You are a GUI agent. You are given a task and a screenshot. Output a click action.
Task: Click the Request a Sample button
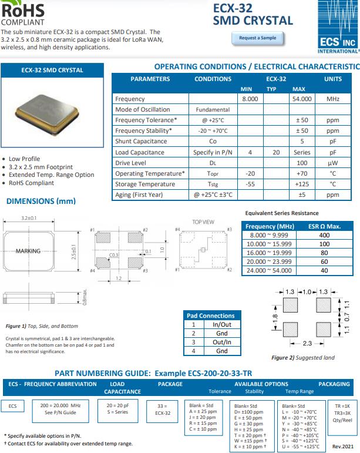click(257, 38)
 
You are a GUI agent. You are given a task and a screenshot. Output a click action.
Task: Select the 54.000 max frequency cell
click(302, 99)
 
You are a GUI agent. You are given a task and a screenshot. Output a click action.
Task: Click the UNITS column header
click(332, 79)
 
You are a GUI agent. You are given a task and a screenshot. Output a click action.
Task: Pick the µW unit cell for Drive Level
click(332, 163)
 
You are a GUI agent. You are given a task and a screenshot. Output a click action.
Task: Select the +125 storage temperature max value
click(302, 184)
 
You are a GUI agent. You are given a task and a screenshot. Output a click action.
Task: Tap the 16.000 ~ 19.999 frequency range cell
click(268, 253)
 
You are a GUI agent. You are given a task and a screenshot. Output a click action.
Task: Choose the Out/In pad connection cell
click(221, 342)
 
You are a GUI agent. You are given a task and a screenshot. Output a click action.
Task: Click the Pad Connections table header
click(210, 316)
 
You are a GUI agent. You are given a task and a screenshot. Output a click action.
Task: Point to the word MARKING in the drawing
click(28, 251)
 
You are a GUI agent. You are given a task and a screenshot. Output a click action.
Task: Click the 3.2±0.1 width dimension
click(29, 218)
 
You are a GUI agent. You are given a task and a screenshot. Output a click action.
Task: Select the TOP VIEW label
click(203, 222)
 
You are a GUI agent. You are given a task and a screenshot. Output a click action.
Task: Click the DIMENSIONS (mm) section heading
click(41, 202)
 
